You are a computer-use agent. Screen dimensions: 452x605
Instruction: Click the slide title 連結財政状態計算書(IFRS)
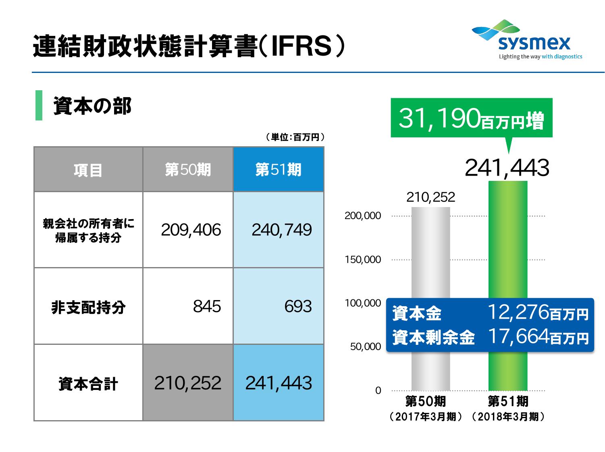coord(189,47)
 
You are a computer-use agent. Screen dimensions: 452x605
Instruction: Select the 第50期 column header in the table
coord(188,170)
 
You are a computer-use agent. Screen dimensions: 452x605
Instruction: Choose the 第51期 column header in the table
coord(279,170)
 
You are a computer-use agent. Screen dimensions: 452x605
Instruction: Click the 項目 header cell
coord(88,170)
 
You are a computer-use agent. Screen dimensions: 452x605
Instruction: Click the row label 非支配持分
coord(88,307)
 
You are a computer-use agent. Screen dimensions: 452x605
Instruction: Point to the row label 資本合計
coord(88,384)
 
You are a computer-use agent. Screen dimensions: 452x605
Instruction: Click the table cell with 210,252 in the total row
coord(188,383)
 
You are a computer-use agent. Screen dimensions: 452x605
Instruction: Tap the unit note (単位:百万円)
coord(295,137)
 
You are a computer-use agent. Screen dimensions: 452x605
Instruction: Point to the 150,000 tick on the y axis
coord(363,260)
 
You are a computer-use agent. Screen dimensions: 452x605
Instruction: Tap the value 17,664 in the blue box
coord(518,336)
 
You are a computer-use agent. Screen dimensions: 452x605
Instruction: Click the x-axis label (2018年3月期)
coord(508,417)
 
